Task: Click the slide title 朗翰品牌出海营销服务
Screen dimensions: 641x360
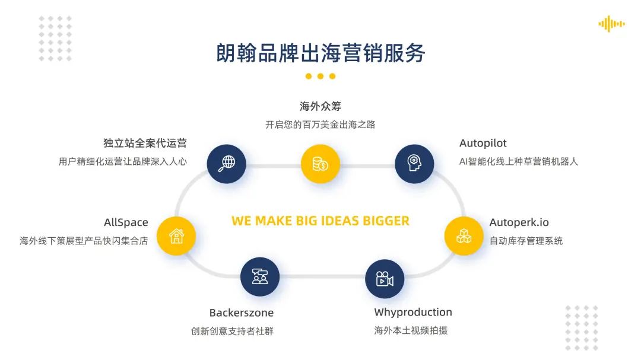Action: pos(320,53)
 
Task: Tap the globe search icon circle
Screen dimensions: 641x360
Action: pos(227,164)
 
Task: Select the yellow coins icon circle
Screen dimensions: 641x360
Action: pos(320,164)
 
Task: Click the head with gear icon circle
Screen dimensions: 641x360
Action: pos(414,164)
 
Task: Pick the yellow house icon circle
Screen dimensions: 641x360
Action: pos(176,236)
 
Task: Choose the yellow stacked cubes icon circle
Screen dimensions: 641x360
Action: pos(464,236)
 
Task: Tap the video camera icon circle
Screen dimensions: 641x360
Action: pos(384,279)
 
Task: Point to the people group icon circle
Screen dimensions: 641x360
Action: pos(260,276)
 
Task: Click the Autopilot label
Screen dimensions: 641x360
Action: pos(483,144)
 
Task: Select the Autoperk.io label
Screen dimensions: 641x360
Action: pos(519,222)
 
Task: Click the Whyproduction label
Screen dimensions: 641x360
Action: pos(413,313)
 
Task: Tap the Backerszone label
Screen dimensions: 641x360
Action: pos(242,313)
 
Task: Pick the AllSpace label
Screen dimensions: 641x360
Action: pos(126,222)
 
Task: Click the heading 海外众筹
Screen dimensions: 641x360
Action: pos(320,106)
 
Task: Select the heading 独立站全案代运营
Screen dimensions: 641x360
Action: pos(145,143)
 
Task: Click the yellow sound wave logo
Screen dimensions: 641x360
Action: pos(611,24)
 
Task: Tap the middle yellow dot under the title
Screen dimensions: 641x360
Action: pos(320,76)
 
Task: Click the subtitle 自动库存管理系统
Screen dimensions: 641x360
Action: pos(526,241)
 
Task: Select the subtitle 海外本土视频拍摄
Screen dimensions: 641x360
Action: pos(411,330)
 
